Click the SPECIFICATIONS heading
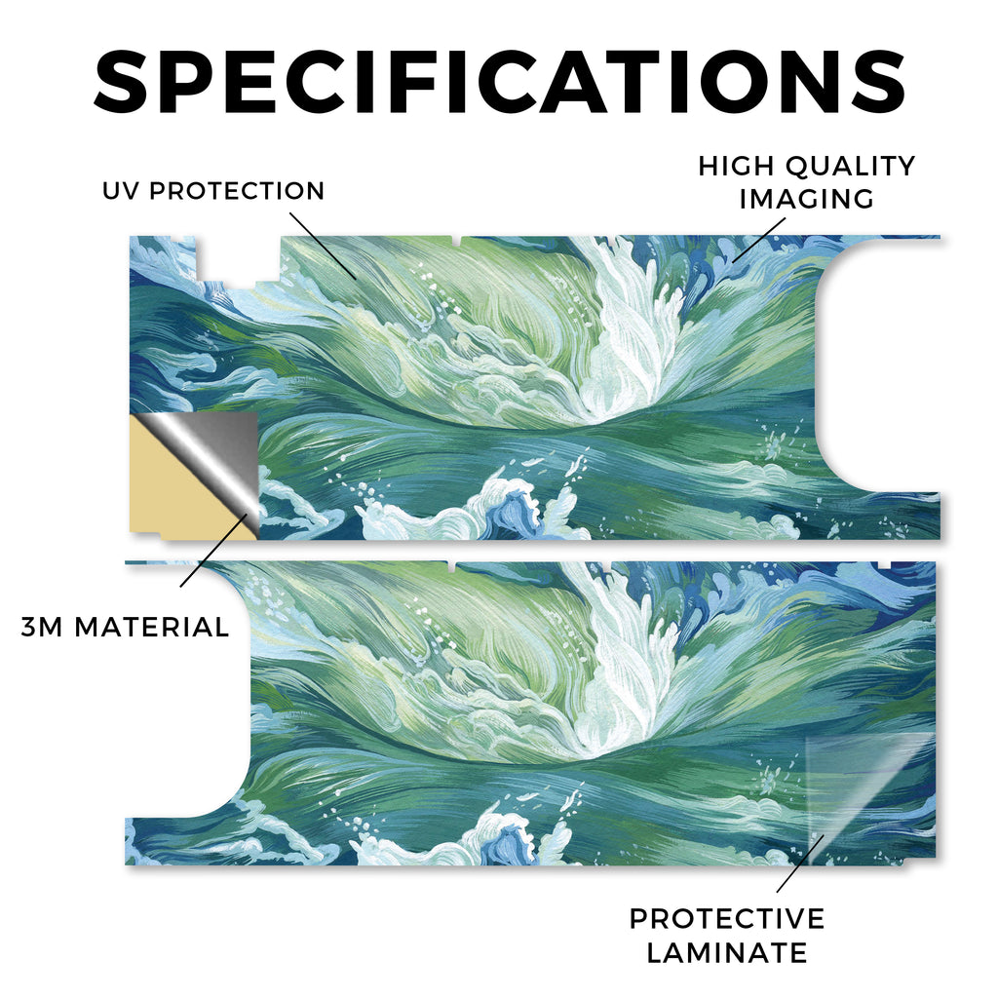point(499,82)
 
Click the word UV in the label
point(120,190)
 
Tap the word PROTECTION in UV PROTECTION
point(237,190)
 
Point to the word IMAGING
point(806,199)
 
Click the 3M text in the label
point(42,627)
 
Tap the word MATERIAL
point(151,627)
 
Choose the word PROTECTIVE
point(727,918)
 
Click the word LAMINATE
point(727,953)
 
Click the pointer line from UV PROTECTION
point(323,247)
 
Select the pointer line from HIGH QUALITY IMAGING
point(758,240)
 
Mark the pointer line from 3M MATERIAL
point(213,550)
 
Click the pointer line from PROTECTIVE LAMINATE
point(800,864)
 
